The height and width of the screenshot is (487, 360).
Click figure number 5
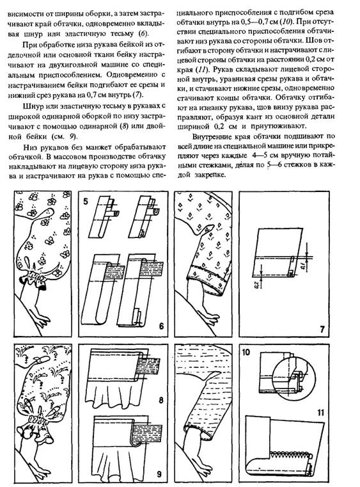click(x=85, y=201)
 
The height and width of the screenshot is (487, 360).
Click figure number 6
click(x=161, y=326)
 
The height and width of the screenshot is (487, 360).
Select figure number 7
click(x=322, y=329)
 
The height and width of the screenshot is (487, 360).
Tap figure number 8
click(x=160, y=399)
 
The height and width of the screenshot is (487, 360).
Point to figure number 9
click(x=159, y=474)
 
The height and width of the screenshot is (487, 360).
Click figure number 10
click(x=246, y=353)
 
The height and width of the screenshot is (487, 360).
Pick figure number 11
click(x=320, y=413)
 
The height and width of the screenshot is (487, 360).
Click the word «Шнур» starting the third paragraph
click(x=33, y=106)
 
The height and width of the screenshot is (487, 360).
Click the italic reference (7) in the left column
click(x=137, y=95)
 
